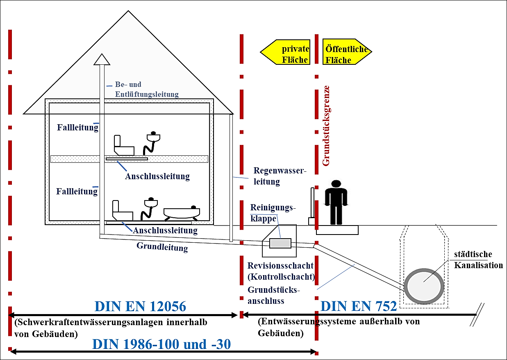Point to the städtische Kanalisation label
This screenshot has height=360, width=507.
(478, 260)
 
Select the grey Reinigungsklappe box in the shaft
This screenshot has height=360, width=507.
(280, 243)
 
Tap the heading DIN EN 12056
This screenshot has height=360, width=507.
(140, 306)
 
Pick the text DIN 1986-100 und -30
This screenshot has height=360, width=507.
(161, 344)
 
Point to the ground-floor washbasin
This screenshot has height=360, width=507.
(151, 203)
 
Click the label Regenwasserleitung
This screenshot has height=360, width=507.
(280, 176)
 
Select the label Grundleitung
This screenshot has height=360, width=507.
(162, 247)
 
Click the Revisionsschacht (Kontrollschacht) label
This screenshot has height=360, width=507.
(281, 271)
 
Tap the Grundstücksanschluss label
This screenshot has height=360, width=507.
(274, 295)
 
